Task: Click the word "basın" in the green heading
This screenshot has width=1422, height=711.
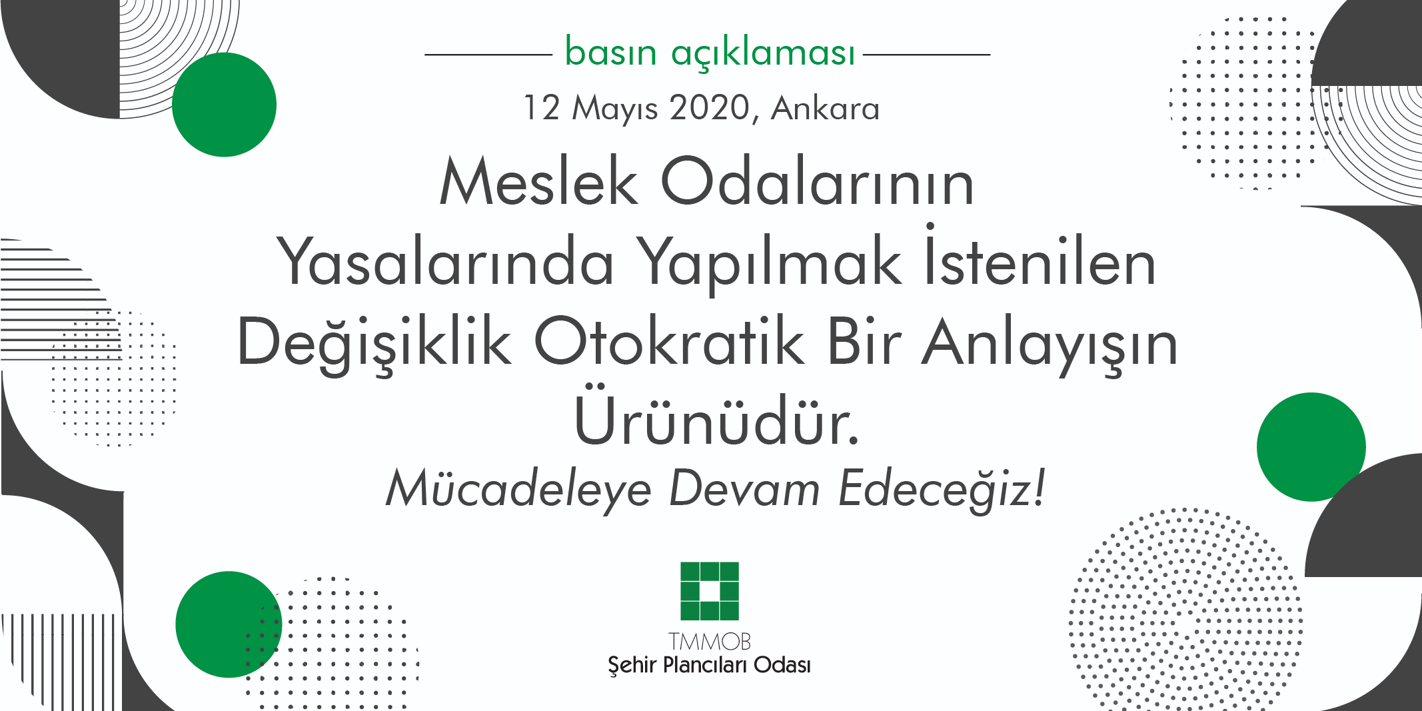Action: click(610, 53)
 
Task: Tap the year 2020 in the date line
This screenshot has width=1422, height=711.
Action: click(710, 107)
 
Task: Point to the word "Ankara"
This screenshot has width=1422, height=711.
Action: click(825, 109)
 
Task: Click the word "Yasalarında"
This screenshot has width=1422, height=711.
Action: click(444, 263)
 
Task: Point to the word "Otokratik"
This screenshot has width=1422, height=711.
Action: click(669, 343)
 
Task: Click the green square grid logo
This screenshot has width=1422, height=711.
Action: click(710, 591)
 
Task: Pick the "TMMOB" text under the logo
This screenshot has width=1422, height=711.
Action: click(710, 642)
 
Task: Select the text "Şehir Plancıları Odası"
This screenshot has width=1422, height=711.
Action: click(709, 665)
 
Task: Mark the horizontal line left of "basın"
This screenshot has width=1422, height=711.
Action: click(488, 55)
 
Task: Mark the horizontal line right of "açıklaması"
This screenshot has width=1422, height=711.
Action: click(926, 55)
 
